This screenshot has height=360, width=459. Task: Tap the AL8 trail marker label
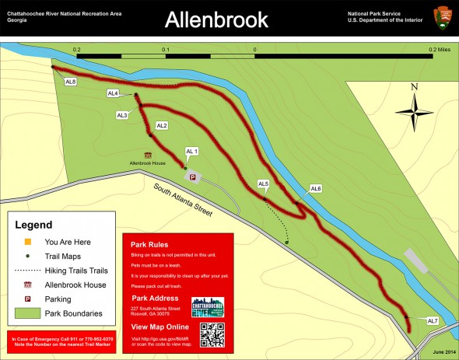(x=70, y=82)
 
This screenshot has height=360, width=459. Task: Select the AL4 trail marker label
(x=113, y=93)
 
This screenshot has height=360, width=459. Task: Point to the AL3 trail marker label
(x=122, y=115)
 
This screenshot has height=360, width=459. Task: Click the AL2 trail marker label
(x=162, y=125)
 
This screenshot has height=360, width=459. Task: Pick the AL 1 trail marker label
(x=192, y=151)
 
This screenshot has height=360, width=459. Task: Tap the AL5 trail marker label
(x=263, y=183)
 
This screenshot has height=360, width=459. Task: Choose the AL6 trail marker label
(x=316, y=189)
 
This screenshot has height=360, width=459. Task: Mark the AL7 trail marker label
(x=433, y=321)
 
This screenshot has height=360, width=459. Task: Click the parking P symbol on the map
(x=193, y=177)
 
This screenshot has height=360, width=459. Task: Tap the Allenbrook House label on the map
(x=148, y=163)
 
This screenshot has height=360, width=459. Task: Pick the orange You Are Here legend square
(x=26, y=242)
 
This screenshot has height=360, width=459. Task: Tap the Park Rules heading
(x=149, y=245)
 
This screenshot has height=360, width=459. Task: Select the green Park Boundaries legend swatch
(x=27, y=313)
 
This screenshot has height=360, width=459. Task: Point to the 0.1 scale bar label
(x=165, y=49)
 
